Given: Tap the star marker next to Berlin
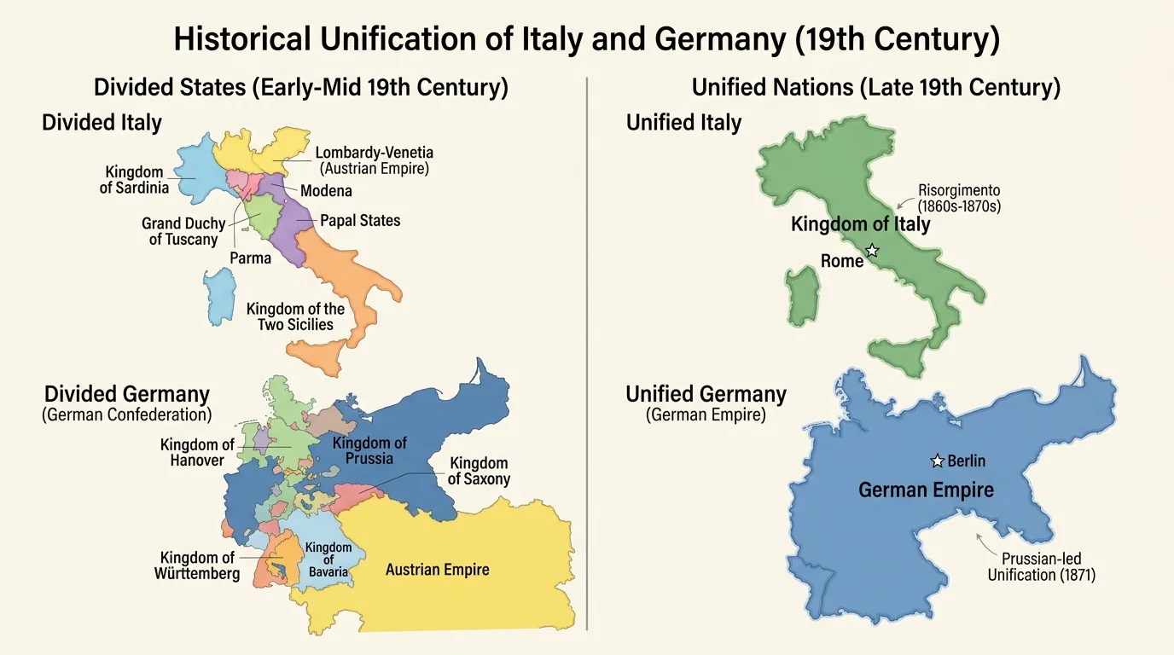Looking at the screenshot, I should [937, 461].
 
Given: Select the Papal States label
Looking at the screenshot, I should [360, 221].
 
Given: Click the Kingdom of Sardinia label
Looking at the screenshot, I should [134, 180].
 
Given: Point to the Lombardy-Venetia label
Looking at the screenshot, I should [374, 160].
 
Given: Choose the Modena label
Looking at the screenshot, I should [326, 191].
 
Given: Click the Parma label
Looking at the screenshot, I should [250, 258].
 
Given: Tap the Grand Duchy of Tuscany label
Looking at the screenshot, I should [183, 231].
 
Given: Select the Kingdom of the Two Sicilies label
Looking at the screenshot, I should [295, 316].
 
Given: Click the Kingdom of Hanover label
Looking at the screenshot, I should [196, 453].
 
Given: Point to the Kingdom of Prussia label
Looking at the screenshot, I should [369, 450].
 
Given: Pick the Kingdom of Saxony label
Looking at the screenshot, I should [479, 471].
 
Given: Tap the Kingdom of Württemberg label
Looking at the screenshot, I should [196, 566].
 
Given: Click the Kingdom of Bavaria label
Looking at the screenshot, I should [328, 559].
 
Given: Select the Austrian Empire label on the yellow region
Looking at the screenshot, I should [437, 569].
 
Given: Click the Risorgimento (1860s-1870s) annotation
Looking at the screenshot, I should [958, 198].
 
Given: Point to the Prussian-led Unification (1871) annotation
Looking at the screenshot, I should [1041, 567].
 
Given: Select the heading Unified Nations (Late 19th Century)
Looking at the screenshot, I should [875, 87].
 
